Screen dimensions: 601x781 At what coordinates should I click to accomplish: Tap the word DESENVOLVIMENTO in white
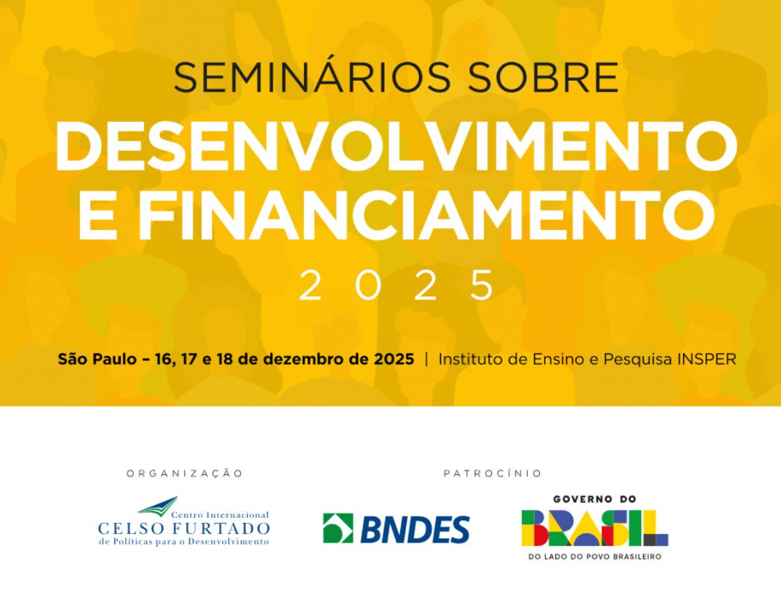tap(396, 147)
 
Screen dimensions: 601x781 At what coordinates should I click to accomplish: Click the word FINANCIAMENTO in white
tap(427, 216)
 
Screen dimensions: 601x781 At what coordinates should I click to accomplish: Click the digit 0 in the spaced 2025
tap(368, 286)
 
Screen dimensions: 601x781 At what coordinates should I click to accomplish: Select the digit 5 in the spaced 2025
tap(483, 286)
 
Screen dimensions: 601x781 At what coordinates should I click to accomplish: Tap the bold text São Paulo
tap(95, 359)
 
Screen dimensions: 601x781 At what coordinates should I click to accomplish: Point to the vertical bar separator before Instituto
tap(427, 359)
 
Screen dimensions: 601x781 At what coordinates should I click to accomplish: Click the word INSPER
tap(705, 359)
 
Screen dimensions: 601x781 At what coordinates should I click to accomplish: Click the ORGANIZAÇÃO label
tap(185, 473)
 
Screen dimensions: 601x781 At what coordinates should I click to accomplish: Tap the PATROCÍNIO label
tap(493, 473)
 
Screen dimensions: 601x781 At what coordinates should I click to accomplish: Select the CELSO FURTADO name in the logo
tap(184, 528)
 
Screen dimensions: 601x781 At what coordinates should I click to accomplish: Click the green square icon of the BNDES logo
tap(338, 529)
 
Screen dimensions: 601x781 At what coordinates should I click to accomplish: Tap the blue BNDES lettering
tap(415, 530)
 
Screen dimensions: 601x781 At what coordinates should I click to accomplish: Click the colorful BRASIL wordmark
tap(594, 528)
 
